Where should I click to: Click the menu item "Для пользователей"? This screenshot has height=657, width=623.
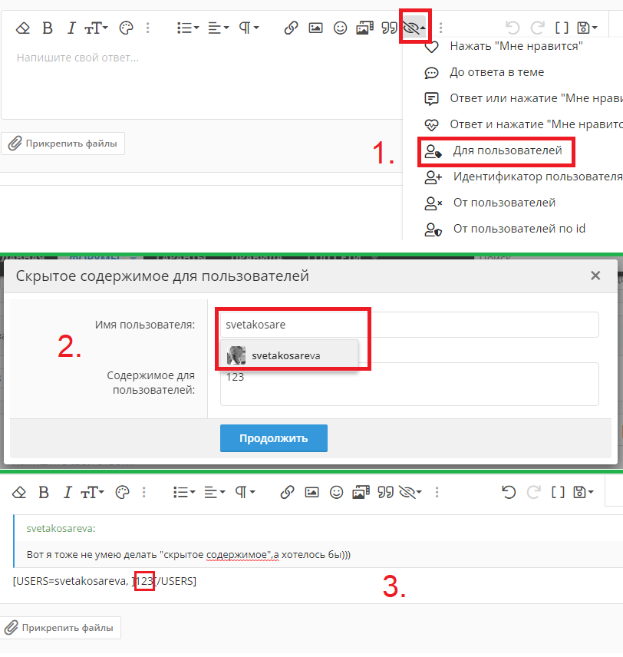[507, 151]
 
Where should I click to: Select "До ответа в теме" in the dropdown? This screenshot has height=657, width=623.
[496, 72]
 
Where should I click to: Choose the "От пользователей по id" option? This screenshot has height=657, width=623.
[519, 229]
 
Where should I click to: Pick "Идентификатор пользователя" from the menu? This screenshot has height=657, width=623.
[538, 177]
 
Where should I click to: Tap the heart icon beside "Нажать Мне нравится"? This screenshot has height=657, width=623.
[431, 47]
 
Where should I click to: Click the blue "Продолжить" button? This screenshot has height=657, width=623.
[274, 438]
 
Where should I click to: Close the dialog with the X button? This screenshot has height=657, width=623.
[595, 276]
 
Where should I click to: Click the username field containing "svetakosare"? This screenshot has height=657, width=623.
[410, 325]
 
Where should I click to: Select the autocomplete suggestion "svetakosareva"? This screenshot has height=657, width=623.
[289, 355]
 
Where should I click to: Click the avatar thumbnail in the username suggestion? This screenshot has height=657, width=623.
[236, 355]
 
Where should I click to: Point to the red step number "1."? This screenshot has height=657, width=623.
[384, 153]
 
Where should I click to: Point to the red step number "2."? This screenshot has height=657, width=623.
[69, 347]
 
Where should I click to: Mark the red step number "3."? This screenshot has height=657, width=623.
[394, 586]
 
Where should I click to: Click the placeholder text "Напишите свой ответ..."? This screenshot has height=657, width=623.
[77, 58]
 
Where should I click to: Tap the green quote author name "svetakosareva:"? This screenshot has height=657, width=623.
[61, 528]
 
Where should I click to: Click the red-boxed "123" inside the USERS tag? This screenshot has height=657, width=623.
[144, 581]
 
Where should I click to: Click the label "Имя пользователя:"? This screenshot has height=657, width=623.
[145, 325]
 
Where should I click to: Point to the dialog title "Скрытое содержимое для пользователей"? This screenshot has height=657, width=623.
[163, 276]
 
